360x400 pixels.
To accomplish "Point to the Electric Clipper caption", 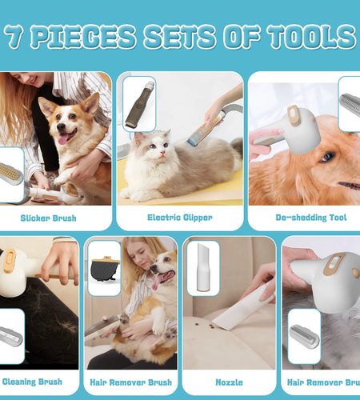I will [x=179, y=217].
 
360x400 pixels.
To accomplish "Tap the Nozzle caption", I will [x=228, y=382].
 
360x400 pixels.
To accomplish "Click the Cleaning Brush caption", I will [x=34, y=382].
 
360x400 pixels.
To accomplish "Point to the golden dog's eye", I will [x=328, y=158].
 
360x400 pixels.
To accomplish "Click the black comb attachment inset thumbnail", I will [x=103, y=268].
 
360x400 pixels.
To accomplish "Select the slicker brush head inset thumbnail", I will [x=10, y=173].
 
